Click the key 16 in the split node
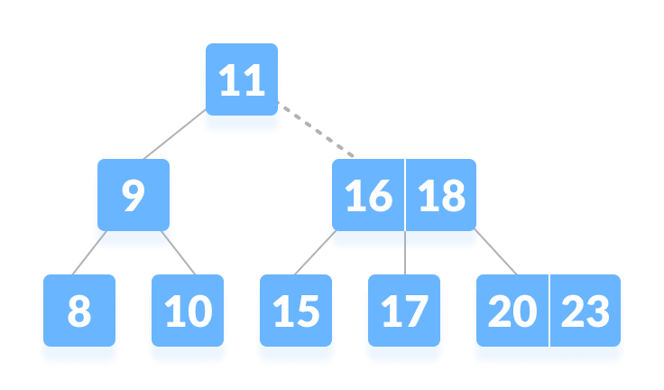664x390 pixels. [368, 197]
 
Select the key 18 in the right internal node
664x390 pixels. [441, 197]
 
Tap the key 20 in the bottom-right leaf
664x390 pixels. [512, 312]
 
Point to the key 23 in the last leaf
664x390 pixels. [586, 312]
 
